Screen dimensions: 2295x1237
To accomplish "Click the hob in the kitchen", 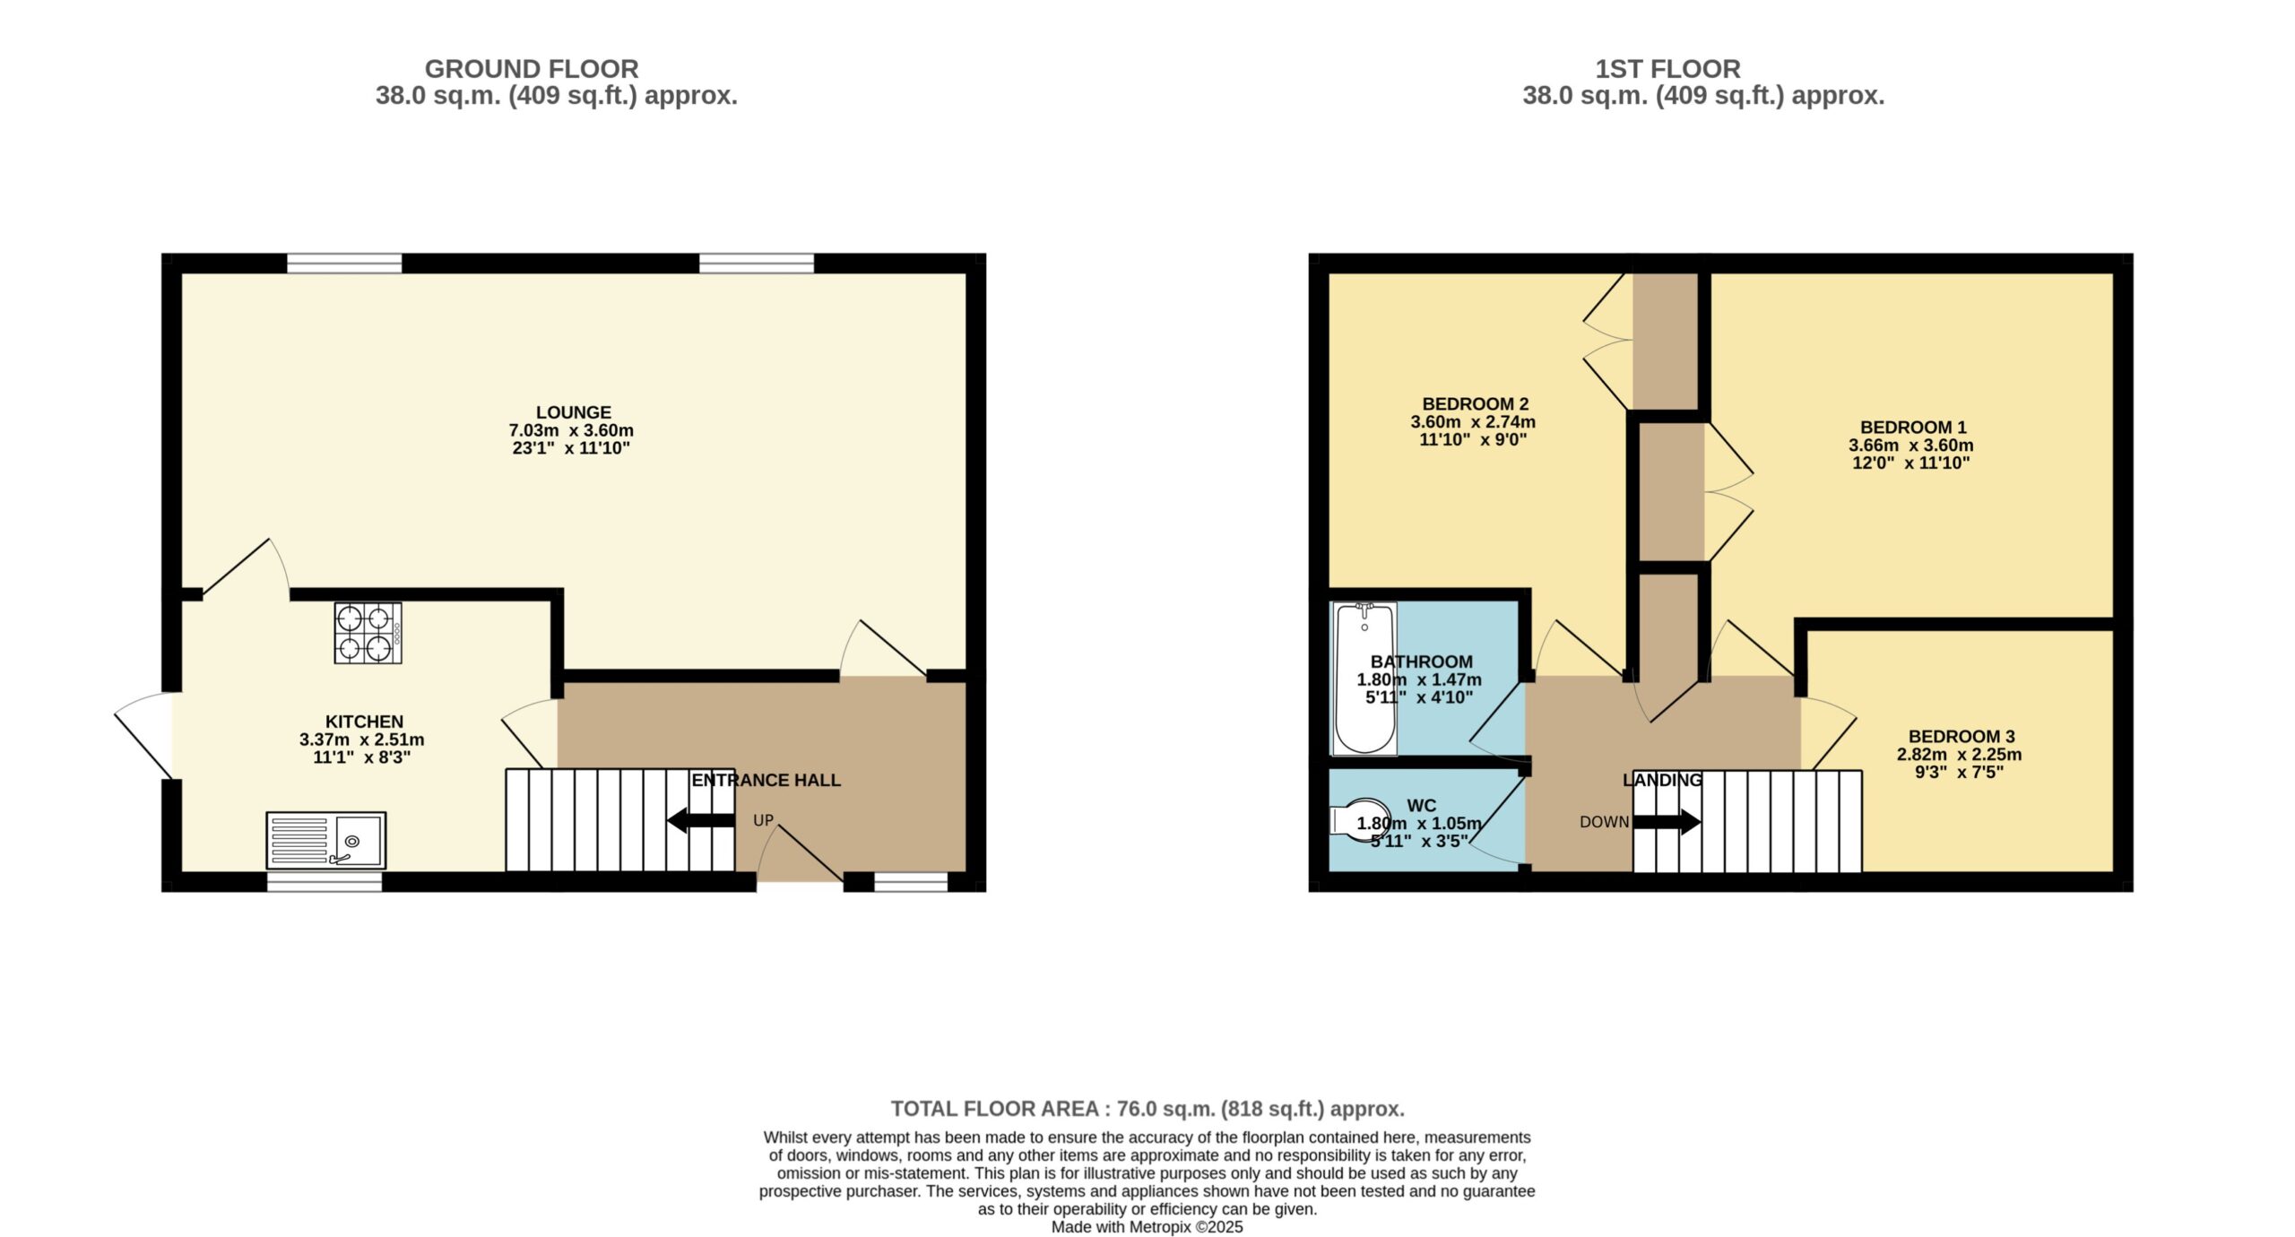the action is tap(368, 633).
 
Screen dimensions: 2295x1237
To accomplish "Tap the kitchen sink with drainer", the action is tap(326, 840).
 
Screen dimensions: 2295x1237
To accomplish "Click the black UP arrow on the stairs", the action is tap(701, 820).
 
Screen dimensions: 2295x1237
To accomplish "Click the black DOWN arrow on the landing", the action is tap(1667, 821).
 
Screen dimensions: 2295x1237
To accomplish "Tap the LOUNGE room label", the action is tap(574, 412).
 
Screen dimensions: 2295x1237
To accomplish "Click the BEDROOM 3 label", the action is tap(1961, 737).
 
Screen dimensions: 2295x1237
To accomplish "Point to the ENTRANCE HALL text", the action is tap(766, 781).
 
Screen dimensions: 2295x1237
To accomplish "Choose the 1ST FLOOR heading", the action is tap(1667, 69).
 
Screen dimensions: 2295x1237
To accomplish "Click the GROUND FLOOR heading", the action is tap(532, 69).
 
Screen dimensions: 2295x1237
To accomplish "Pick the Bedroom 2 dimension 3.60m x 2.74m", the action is tap(1473, 422).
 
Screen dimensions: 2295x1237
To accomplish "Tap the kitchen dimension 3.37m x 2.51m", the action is tap(362, 740).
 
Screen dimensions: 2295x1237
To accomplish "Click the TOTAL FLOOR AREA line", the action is tap(1147, 1109).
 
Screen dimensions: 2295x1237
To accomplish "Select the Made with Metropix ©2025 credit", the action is tap(1147, 1227).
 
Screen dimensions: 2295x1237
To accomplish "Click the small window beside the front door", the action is tap(911, 882).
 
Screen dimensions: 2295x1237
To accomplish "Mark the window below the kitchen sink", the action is tap(325, 882).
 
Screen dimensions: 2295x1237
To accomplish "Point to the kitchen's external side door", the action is tap(143, 736).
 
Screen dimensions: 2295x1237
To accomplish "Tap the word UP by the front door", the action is tap(763, 820).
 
